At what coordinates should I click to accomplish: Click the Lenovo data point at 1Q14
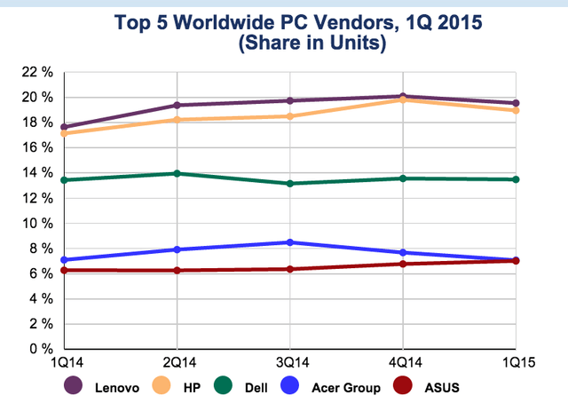coord(64,127)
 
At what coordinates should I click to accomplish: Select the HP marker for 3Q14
coord(290,116)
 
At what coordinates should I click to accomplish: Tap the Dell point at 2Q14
coord(177,173)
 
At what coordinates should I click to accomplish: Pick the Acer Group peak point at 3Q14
coord(290,242)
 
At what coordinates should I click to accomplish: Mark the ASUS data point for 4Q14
coord(403,264)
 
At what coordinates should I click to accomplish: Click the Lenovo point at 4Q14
coord(403,96)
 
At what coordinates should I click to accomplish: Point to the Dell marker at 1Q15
coord(516,179)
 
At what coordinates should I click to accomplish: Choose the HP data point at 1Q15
coord(516,110)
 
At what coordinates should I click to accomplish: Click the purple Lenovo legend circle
coord(73,385)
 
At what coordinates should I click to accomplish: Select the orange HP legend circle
coord(162,385)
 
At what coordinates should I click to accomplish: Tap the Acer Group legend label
coord(346,388)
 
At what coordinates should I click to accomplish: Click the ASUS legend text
coord(442,388)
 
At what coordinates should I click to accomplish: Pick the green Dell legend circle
coord(223,385)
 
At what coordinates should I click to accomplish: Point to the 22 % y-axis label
coord(37,72)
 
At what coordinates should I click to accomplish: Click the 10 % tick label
coord(37,224)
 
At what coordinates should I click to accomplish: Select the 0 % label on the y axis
coord(42,349)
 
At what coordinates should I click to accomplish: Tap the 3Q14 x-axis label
coord(293,362)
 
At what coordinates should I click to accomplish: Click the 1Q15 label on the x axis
coord(518,362)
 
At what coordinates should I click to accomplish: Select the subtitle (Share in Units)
coord(312,43)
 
